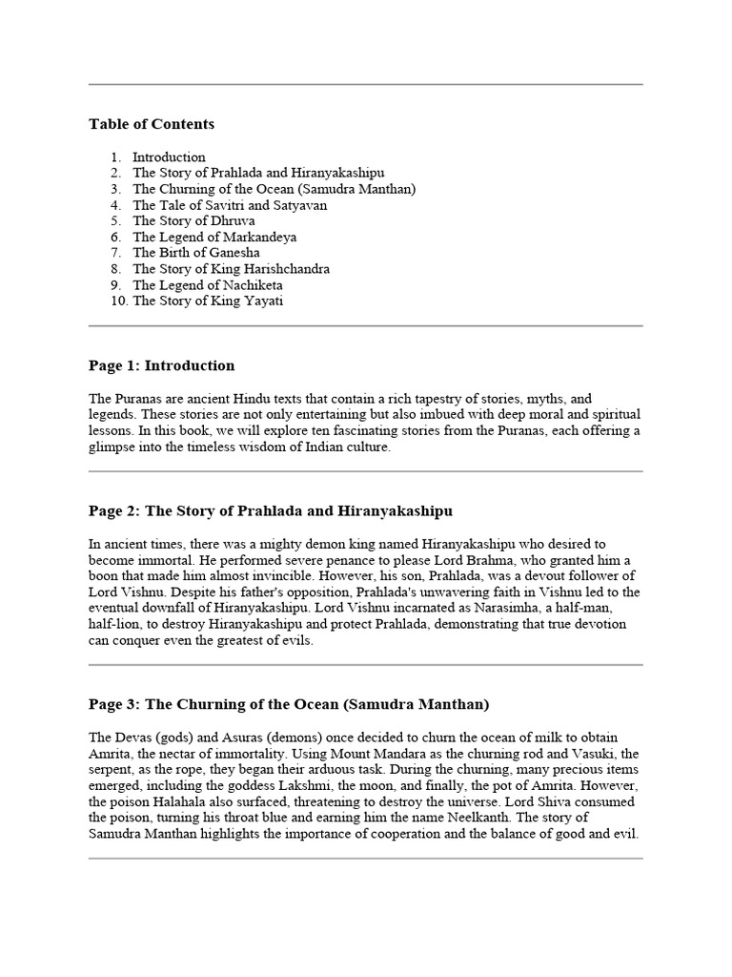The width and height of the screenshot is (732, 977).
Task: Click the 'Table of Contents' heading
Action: click(x=152, y=124)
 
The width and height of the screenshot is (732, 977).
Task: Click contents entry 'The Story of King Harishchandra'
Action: click(x=231, y=269)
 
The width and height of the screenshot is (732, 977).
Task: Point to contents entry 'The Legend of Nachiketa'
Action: click(x=207, y=285)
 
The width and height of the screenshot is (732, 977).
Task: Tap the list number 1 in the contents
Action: click(x=115, y=156)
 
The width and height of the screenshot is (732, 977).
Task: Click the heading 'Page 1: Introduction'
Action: click(x=161, y=365)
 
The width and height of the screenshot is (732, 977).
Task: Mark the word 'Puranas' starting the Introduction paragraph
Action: click(x=137, y=398)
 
